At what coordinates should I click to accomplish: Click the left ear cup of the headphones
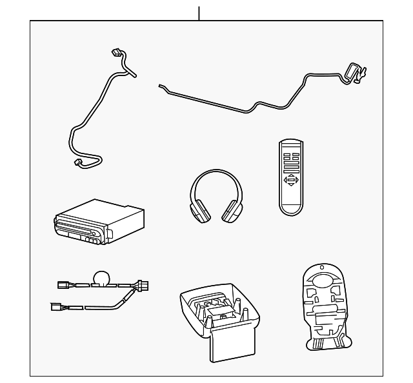point(198,210)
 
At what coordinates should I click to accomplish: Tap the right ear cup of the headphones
point(230,210)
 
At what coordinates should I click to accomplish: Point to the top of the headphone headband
point(214,172)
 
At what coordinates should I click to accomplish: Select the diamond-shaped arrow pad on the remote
point(292,180)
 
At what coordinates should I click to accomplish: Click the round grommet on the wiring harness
point(101,278)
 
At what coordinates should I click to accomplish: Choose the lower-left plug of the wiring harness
point(56,308)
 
